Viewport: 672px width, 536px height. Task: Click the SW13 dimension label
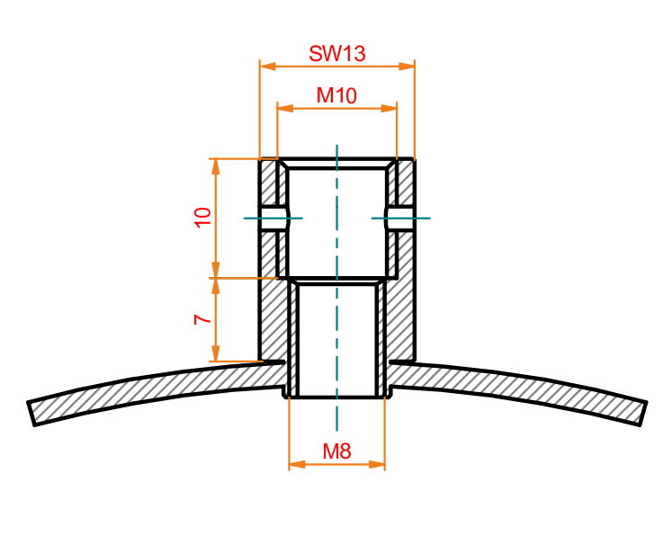pos(336,54)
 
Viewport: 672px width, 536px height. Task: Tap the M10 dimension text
pos(336,95)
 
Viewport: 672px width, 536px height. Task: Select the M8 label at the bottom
pos(336,451)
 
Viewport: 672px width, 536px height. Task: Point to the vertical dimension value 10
pos(202,218)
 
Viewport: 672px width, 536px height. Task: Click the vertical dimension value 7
pos(202,319)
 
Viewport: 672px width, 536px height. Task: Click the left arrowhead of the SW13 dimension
pos(268,67)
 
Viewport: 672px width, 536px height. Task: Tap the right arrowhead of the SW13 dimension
pos(407,67)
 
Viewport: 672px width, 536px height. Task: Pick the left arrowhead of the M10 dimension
pos(285,108)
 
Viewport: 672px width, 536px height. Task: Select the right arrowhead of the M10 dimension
pos(389,108)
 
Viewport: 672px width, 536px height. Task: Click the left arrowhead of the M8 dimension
pos(297,464)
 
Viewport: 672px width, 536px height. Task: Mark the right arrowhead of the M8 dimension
pos(377,464)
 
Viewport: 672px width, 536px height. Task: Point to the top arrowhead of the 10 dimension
pos(216,166)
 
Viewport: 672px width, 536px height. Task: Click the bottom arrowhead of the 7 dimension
pos(216,353)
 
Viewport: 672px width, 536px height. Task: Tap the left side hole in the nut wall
pos(273,219)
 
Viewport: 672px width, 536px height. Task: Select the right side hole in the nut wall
pos(400,219)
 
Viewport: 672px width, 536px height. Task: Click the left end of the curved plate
pos(31,414)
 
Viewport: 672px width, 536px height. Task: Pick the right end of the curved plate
pos(643,414)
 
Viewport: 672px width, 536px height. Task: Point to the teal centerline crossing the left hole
pos(273,219)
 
